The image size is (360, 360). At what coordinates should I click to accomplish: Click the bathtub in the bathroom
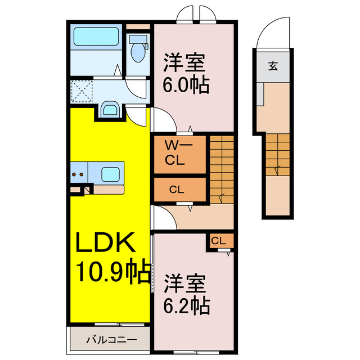click(x=95, y=38)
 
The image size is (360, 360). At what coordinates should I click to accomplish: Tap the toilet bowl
click(x=137, y=51)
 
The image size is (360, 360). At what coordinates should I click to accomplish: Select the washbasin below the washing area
click(x=109, y=109)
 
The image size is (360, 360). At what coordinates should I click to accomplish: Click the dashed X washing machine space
click(x=82, y=91)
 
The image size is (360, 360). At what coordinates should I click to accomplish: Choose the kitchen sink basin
click(x=112, y=174)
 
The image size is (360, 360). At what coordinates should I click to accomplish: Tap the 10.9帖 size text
click(x=113, y=273)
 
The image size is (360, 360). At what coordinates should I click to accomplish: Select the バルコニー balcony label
click(x=111, y=340)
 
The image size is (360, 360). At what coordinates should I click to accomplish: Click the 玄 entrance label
click(x=272, y=66)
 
